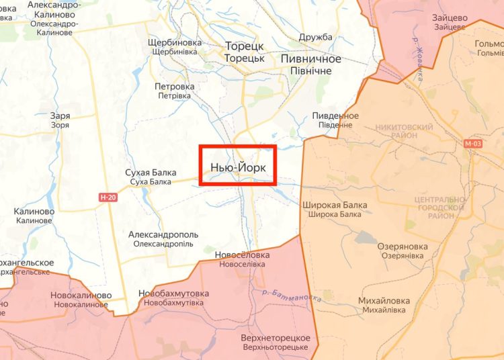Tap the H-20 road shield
pyautogui.click(x=107, y=197)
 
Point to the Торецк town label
pyautogui.click(x=245, y=46)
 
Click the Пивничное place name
pyautogui.click(x=310, y=59)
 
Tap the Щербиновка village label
pyautogui.click(x=175, y=42)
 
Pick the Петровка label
pyautogui.click(x=174, y=87)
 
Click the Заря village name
pyautogui.click(x=60, y=116)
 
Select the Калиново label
pyautogui.click(x=34, y=211)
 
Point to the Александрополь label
pyautogui.click(x=163, y=235)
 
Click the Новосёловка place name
pyautogui.click(x=242, y=255)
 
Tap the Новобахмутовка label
pyautogui.click(x=173, y=294)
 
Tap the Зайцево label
pyautogui.click(x=450, y=18)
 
